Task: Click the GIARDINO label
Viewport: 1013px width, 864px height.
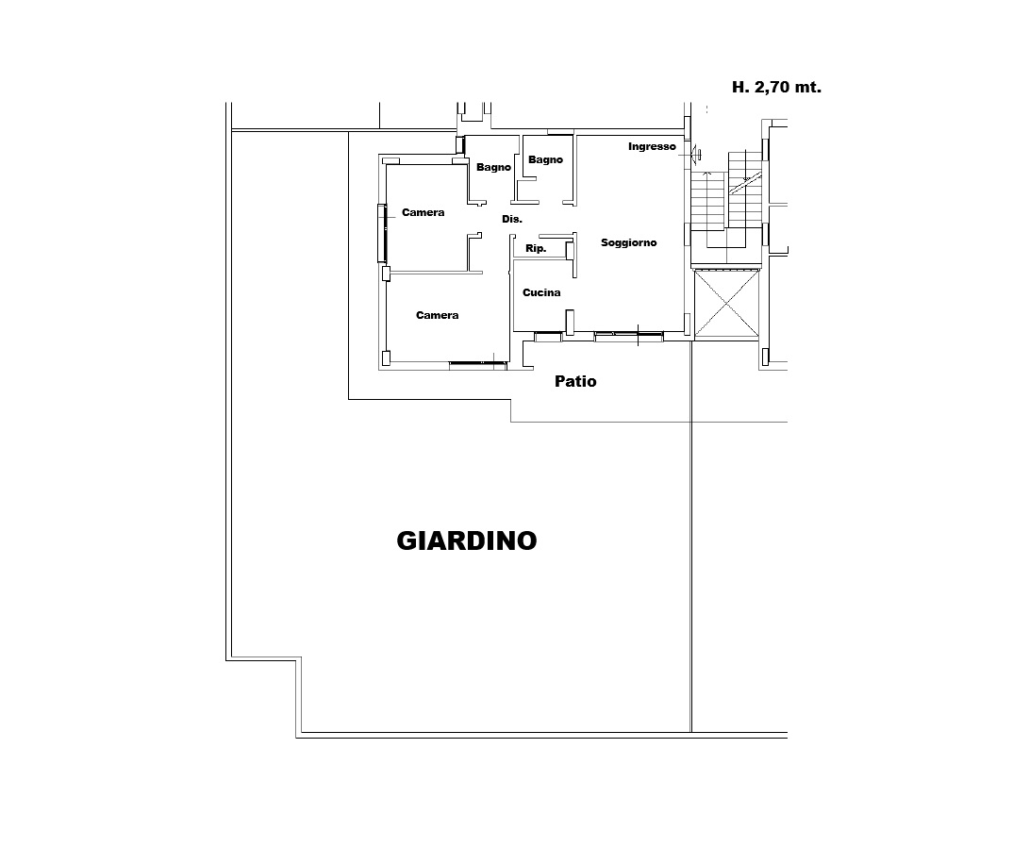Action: click(x=467, y=540)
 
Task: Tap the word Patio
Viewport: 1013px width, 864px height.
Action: click(x=575, y=381)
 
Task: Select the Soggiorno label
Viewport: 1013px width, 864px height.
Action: click(x=628, y=243)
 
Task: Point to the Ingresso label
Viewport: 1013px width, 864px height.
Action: click(x=652, y=147)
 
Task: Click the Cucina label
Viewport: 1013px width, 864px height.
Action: click(x=541, y=292)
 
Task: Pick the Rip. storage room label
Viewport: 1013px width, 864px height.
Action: click(x=536, y=248)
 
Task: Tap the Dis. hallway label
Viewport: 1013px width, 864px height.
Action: click(x=511, y=219)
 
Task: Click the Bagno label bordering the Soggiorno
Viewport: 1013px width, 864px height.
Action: click(x=545, y=159)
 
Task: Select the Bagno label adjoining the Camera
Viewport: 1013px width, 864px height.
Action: click(x=493, y=167)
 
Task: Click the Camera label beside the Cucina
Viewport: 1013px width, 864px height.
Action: click(x=438, y=315)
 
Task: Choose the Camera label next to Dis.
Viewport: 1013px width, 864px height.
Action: click(x=423, y=212)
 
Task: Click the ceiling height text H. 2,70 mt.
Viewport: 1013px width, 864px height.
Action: click(x=776, y=87)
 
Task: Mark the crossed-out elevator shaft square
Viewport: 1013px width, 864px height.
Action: click(x=727, y=304)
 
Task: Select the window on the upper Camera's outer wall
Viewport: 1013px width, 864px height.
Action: click(x=382, y=233)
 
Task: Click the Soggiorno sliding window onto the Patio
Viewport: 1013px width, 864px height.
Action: click(x=628, y=336)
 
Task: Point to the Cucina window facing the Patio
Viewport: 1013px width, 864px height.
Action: click(x=548, y=336)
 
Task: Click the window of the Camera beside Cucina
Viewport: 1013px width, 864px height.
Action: click(x=477, y=365)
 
